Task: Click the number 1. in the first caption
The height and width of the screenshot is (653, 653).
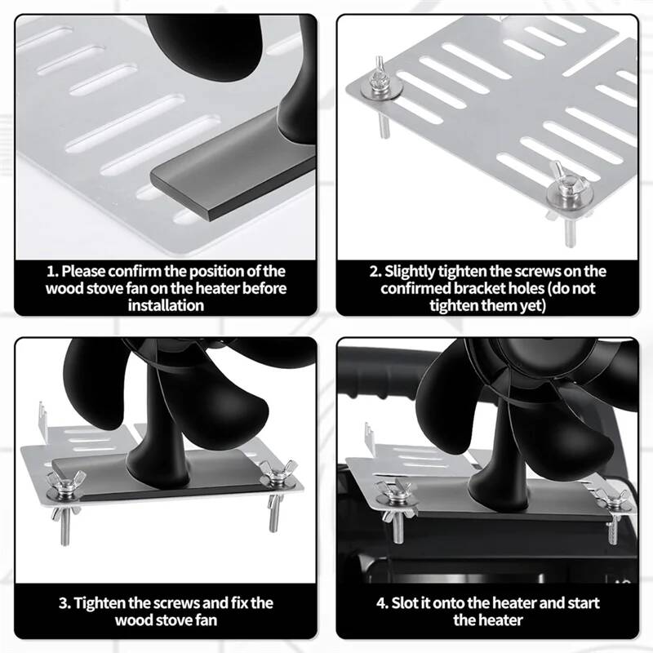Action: (x=52, y=272)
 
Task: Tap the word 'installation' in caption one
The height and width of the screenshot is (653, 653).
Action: (x=166, y=305)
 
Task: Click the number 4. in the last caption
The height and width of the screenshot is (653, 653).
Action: (x=382, y=603)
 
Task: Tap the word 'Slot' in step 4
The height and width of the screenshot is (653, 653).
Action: (x=405, y=603)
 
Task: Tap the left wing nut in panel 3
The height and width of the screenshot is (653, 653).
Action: (x=65, y=482)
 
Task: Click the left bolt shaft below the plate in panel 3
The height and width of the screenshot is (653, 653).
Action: (x=65, y=526)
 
